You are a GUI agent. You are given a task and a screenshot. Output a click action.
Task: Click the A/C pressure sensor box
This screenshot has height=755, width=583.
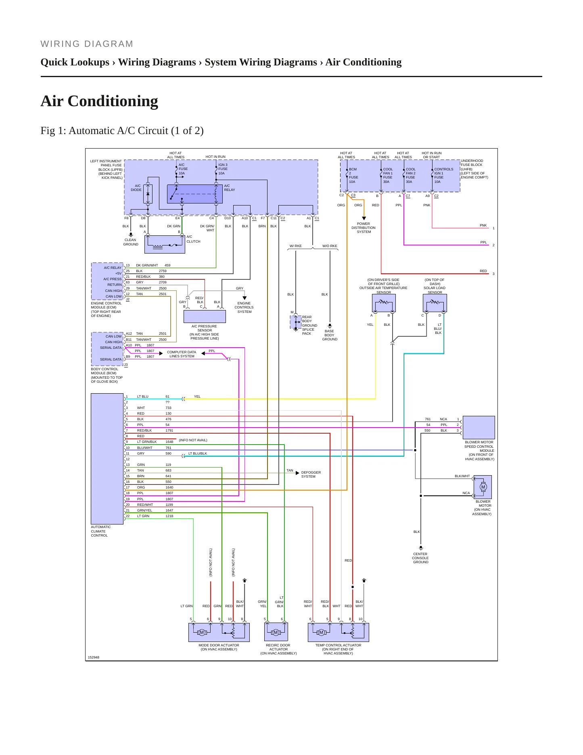[205, 316]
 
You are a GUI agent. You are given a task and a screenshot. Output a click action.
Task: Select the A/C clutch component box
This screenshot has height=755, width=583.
[165, 244]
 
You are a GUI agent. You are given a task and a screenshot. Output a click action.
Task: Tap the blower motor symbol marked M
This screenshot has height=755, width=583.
[483, 487]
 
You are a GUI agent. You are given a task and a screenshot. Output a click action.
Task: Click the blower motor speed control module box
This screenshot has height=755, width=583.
[479, 427]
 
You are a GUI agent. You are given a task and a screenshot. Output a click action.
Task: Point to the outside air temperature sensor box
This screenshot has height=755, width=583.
[384, 303]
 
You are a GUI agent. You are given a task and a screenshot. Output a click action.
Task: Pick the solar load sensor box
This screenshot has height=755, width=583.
[435, 303]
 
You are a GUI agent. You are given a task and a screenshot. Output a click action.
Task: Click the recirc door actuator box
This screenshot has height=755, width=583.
[276, 632]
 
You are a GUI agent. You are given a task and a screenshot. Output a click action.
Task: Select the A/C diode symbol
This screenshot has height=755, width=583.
[148, 194]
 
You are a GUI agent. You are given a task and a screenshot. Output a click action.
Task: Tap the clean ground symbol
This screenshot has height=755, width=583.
[131, 234]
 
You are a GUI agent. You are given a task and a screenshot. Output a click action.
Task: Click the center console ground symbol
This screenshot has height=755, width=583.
[421, 548]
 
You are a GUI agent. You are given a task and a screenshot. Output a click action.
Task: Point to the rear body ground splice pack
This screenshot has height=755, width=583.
[296, 322]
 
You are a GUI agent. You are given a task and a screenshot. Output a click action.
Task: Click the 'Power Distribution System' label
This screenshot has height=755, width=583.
[364, 228]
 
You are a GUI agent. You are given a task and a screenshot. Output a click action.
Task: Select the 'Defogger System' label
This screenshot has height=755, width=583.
[311, 474]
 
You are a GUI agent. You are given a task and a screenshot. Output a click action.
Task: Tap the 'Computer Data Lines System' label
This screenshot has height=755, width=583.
[182, 354]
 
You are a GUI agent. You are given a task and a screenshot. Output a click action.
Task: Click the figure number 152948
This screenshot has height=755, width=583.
[94, 657]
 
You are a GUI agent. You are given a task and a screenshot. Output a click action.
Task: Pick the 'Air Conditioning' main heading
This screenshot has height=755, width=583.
[99, 101]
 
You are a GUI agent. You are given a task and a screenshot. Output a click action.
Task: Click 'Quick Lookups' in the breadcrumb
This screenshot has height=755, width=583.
[75, 62]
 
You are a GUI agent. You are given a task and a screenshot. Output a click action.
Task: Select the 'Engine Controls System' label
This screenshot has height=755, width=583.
[244, 307]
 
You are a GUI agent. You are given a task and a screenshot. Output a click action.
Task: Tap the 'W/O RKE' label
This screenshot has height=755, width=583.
[330, 246]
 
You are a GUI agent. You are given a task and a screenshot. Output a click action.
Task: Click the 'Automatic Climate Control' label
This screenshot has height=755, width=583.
[101, 531]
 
